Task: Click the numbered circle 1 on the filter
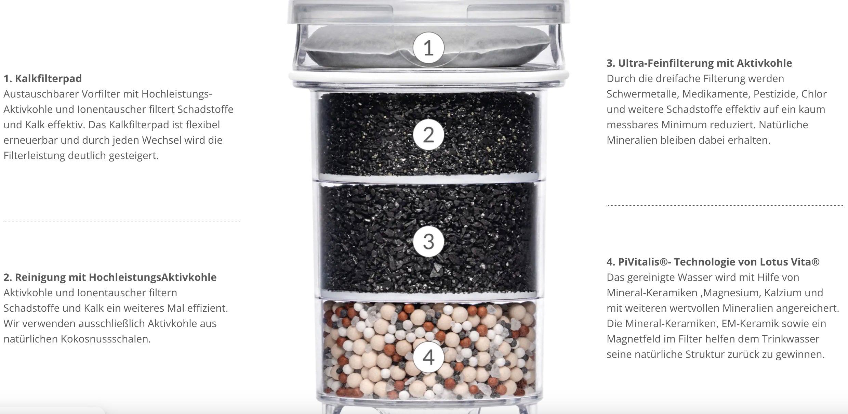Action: point(428,48)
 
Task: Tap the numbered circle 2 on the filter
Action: point(428,135)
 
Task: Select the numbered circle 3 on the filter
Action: point(428,241)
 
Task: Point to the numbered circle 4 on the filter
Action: point(428,357)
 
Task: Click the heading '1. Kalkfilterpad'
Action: point(43,79)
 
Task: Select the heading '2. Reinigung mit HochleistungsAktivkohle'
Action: point(110,277)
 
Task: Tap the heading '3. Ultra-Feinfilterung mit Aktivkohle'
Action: point(699,63)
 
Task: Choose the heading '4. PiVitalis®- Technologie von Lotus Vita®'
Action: point(713,262)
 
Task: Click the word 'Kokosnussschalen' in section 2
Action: point(106,339)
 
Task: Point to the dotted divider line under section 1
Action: point(121,221)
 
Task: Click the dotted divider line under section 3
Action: point(725,206)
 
